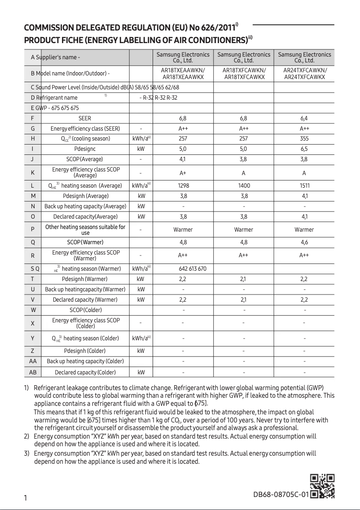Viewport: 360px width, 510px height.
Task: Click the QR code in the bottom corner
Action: click(x=322, y=486)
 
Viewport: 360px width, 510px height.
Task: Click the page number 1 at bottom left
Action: click(x=26, y=498)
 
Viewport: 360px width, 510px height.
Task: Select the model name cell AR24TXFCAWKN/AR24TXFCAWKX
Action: click(x=304, y=74)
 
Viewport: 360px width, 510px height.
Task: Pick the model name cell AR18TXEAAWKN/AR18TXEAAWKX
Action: click(x=183, y=74)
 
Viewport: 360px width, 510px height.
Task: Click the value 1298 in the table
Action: click(x=183, y=185)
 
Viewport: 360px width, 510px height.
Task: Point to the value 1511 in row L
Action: click(x=304, y=185)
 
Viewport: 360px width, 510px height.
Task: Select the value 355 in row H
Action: click(x=304, y=139)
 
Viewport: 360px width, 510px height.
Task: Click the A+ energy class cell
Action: click(x=183, y=173)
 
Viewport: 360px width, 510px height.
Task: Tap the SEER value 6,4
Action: click(x=304, y=119)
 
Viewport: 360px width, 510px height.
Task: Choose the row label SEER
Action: click(x=85, y=119)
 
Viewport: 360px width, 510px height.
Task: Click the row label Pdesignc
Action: click(x=85, y=149)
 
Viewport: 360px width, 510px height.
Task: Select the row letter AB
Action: click(x=33, y=372)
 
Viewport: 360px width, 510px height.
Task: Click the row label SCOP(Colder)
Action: click(x=85, y=310)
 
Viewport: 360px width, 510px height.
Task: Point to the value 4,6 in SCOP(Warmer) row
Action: click(x=304, y=242)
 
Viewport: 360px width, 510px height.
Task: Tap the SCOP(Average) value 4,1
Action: click(x=183, y=159)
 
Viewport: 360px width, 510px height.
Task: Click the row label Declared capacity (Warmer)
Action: click(x=85, y=299)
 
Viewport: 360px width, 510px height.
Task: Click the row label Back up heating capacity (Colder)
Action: click(x=85, y=361)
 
